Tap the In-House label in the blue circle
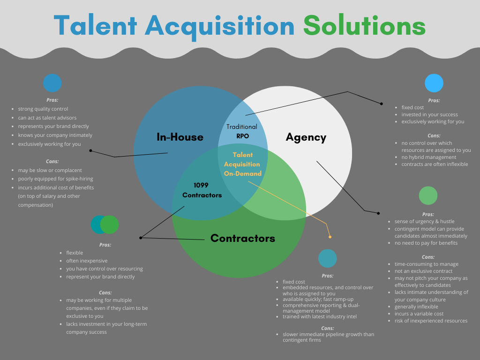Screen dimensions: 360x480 180,137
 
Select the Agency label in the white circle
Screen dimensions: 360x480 306,137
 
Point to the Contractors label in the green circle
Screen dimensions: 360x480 243,238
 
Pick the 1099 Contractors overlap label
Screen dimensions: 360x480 202,190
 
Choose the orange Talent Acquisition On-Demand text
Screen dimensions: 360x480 242,164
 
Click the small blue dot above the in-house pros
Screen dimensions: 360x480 52,83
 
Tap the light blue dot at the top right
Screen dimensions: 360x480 434,83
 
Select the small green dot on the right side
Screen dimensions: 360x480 428,195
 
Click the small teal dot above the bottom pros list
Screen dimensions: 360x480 327,258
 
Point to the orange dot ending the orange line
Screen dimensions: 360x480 330,237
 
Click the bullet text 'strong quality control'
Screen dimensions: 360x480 43,109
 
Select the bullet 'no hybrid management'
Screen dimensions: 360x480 428,157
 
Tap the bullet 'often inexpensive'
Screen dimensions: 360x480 87,261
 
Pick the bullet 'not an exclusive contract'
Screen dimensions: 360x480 423,271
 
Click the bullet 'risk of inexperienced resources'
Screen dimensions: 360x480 431,321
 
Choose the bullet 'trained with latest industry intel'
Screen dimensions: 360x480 319,316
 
